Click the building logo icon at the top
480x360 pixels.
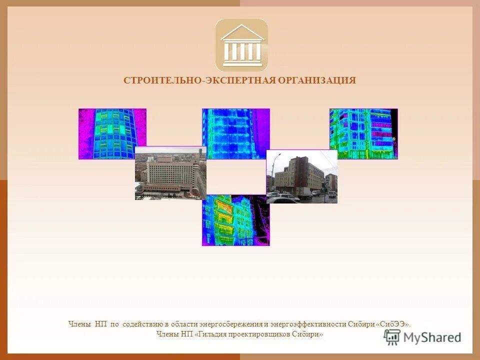click(241, 45)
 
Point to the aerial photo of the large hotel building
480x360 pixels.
click(170, 173)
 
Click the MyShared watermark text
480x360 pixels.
click(432, 337)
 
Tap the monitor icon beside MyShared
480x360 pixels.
click(392, 337)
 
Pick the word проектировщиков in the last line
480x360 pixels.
click(264, 334)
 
